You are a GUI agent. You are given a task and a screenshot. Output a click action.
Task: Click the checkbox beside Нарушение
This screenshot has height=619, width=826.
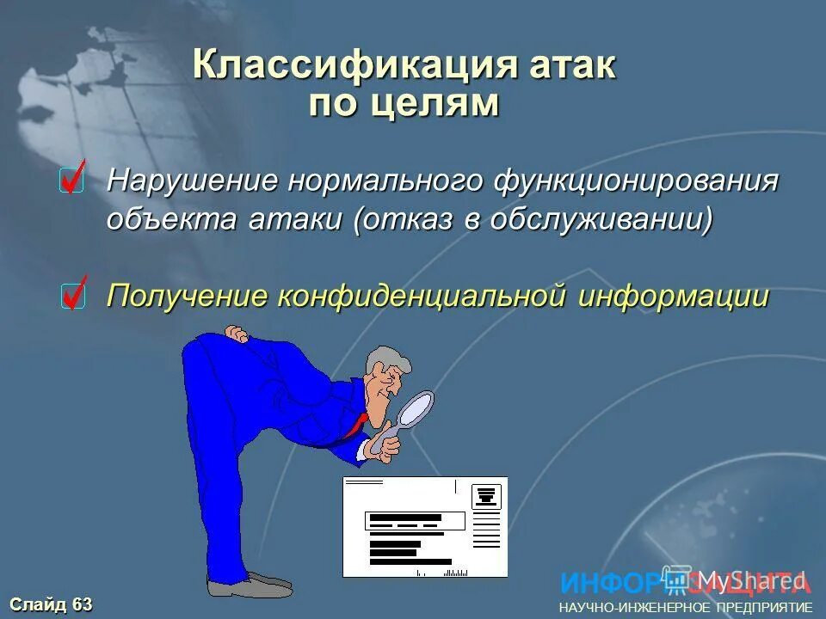72,181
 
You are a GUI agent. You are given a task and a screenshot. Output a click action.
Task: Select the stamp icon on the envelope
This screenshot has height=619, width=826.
485,496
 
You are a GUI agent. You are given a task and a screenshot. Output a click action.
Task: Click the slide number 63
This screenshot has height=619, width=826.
82,604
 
